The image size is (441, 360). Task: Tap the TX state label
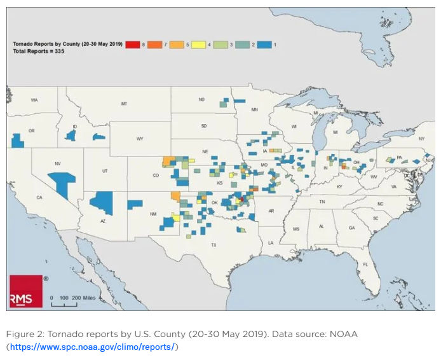tap(214, 244)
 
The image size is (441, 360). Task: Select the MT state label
tap(124, 103)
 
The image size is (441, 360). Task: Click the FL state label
tap(365, 264)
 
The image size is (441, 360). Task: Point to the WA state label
tap(34, 100)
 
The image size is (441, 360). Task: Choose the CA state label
tap(39, 198)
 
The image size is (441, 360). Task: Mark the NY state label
tap(421, 138)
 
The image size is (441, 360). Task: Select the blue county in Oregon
tap(17, 140)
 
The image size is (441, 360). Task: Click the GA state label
tap(351, 228)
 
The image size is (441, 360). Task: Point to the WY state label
tap(140, 139)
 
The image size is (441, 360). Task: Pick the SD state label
tap(203, 126)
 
